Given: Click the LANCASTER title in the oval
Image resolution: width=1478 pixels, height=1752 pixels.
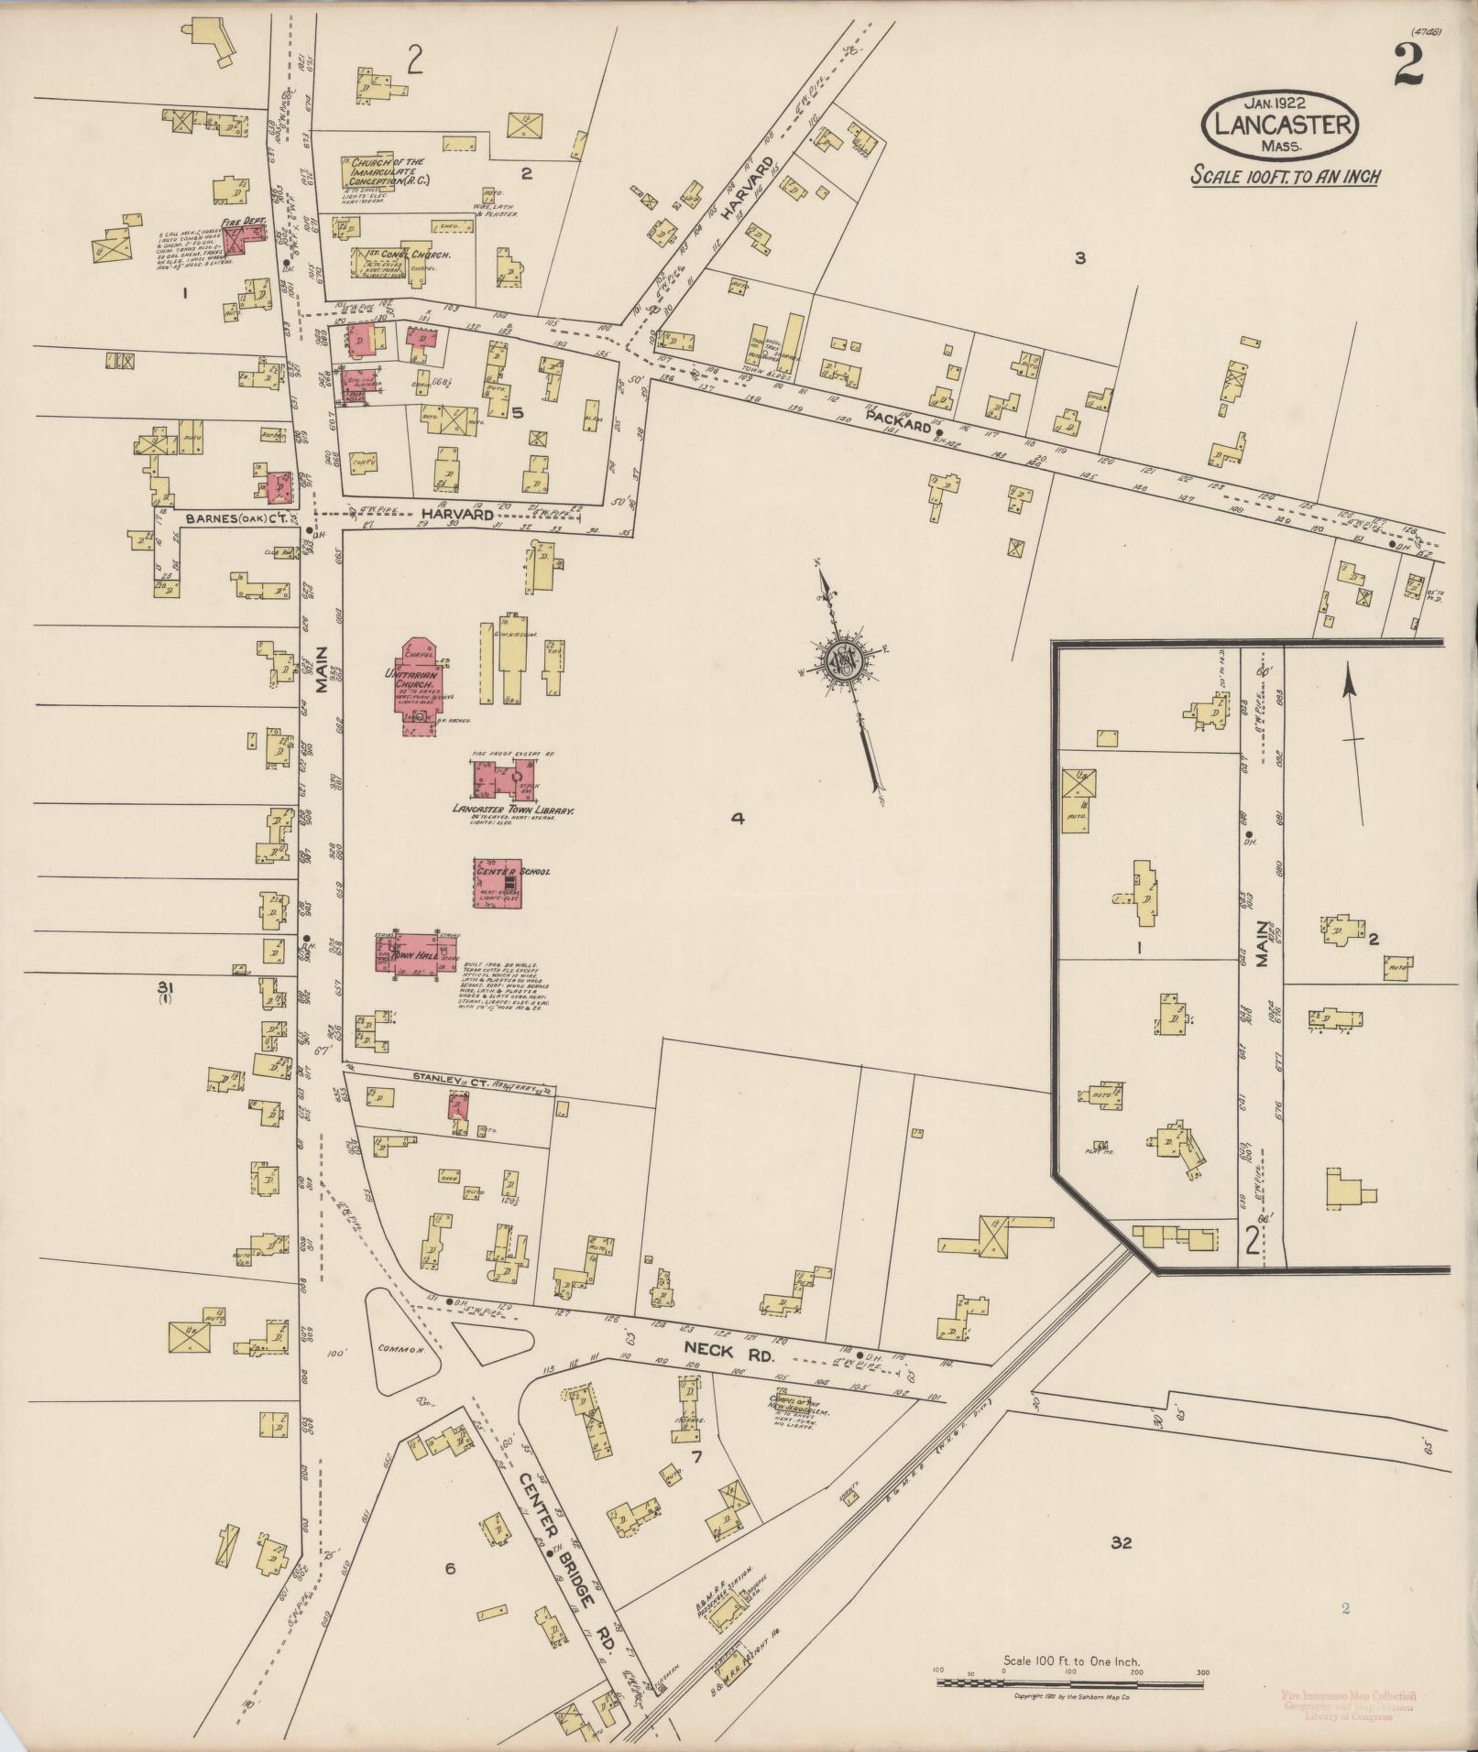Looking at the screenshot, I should (x=1280, y=123).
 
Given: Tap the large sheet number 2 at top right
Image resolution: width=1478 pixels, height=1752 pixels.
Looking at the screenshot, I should (x=1408, y=66).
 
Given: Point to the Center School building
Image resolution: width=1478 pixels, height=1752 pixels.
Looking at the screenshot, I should (x=498, y=883).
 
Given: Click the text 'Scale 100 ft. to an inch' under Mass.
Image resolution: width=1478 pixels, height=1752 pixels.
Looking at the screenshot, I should (x=1285, y=176).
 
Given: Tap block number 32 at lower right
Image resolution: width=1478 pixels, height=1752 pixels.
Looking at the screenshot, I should (x=1121, y=1543).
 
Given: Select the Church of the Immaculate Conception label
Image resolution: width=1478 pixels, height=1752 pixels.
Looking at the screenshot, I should (x=385, y=171).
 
